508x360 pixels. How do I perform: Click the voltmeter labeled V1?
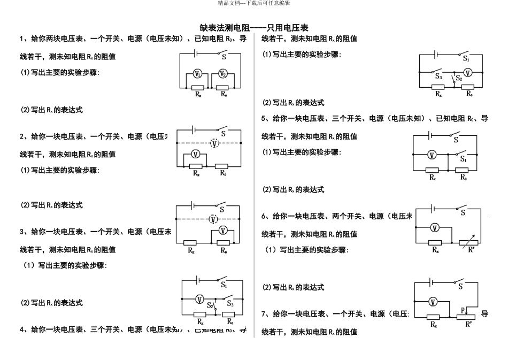click(x=197, y=74)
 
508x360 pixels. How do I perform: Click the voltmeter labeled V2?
click(x=223, y=74)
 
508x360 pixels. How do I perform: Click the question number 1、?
click(x=24, y=39)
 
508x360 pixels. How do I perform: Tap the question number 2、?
click(x=24, y=136)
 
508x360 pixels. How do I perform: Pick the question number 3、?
click(x=24, y=232)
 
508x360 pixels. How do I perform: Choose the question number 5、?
click(x=265, y=118)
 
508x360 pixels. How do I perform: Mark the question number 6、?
click(x=265, y=216)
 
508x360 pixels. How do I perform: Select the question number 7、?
click(x=265, y=314)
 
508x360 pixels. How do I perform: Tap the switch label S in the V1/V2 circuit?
click(x=224, y=58)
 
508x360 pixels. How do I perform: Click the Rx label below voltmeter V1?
click(x=198, y=94)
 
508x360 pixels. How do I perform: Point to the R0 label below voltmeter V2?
click(x=225, y=94)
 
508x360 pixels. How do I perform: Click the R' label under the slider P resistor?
click(x=469, y=324)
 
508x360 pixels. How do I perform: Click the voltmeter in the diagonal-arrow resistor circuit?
click(x=435, y=227)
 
